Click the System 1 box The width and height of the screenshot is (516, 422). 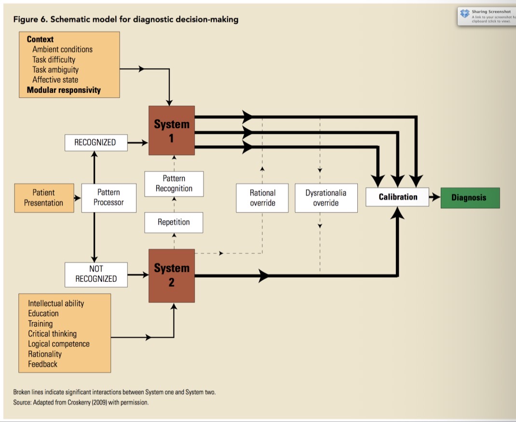(172, 131)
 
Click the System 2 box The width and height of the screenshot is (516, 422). (172, 275)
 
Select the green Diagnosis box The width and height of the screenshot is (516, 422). (470, 198)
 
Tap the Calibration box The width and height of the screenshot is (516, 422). (397, 197)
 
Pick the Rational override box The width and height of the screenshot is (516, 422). (262, 198)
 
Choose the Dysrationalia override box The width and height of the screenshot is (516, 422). (326, 198)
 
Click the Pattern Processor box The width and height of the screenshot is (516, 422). (109, 198)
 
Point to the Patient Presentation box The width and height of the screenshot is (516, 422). (44, 198)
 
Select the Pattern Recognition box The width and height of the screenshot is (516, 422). (174, 184)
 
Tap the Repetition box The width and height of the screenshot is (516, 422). (174, 222)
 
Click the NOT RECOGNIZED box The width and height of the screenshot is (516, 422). (96, 274)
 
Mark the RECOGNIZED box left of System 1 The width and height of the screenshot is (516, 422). (95, 142)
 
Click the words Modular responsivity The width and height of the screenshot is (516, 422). (64, 90)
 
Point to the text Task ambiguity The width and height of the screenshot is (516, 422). (55, 70)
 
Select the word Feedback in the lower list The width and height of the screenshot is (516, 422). (42, 364)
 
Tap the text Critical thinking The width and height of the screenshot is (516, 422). (52, 334)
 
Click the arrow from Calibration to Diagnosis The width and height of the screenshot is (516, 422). (435, 198)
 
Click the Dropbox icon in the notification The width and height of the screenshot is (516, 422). (465, 13)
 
